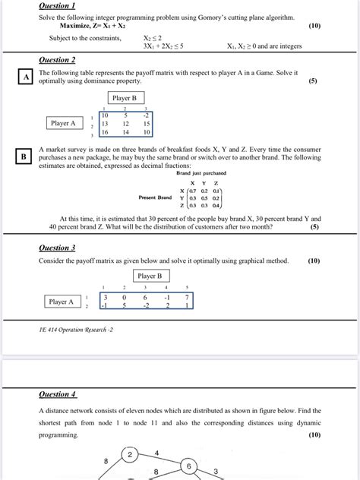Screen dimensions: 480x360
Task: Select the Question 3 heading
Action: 57,248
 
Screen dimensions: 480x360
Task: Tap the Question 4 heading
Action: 57,394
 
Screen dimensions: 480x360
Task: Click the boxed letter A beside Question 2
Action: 24,77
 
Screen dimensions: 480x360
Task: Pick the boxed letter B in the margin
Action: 24,156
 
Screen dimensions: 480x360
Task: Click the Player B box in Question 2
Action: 124,98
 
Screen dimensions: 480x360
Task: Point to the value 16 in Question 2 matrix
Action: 105,131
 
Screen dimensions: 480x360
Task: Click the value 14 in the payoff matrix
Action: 125,131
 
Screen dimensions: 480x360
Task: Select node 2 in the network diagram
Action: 130,455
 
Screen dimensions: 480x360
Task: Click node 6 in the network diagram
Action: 190,466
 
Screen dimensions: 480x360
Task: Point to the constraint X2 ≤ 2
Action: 153,36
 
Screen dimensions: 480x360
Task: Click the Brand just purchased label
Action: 200,173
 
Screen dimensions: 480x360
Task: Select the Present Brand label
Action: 156,197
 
